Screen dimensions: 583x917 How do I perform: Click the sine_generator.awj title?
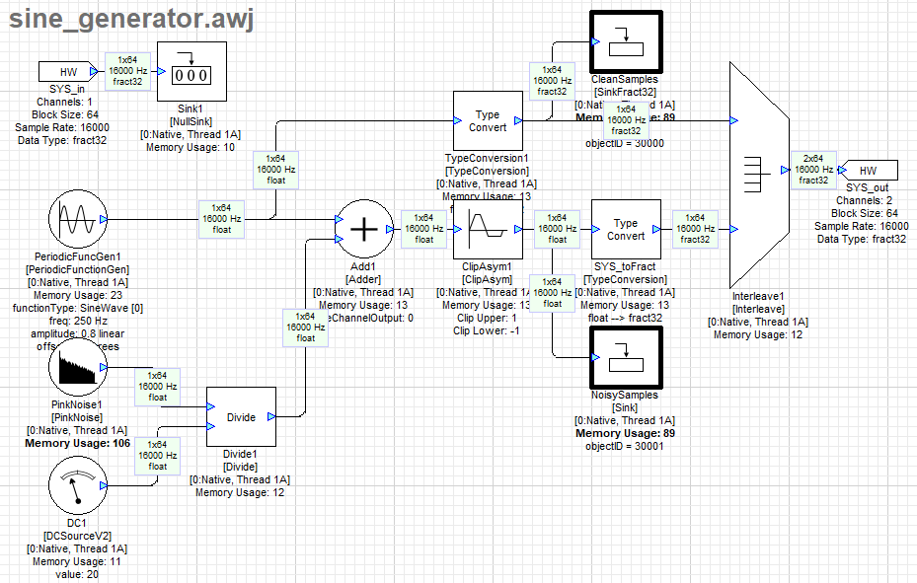pos(132,19)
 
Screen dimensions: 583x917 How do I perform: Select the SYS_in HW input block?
pos(68,72)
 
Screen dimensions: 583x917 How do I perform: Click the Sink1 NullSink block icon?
pos(191,76)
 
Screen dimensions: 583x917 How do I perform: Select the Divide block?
pos(241,417)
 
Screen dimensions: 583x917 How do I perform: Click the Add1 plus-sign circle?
pos(364,228)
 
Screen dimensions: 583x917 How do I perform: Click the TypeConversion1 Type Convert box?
pos(487,121)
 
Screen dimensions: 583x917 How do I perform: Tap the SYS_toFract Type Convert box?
pos(625,229)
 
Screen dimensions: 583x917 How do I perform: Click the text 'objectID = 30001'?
pos(625,446)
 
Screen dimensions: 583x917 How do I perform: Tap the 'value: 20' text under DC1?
pos(77,574)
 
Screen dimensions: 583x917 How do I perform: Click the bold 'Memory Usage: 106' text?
pos(76,443)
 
